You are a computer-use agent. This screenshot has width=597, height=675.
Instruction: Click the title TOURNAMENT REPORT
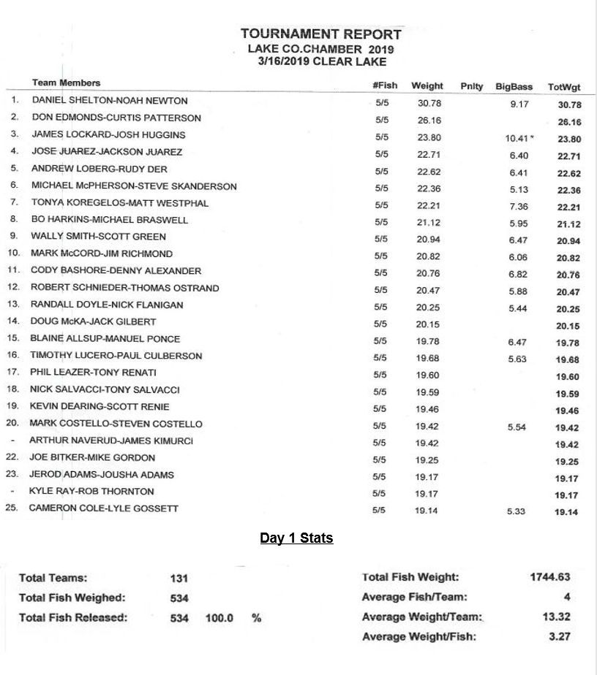[x=320, y=34]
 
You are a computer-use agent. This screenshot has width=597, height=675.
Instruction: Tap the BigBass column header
[x=514, y=87]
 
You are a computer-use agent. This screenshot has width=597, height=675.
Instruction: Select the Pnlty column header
[x=472, y=86]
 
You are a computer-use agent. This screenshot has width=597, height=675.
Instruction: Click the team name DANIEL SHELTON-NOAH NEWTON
[x=109, y=101]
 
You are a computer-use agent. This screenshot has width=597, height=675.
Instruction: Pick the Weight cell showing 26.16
[x=429, y=120]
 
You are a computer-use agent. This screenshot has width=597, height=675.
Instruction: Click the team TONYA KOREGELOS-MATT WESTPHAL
[x=119, y=203]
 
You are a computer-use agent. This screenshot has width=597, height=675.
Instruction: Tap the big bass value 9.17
[x=519, y=104]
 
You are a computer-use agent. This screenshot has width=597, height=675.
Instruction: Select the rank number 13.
[x=12, y=305]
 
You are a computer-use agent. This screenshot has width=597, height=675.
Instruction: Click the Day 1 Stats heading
[x=296, y=538]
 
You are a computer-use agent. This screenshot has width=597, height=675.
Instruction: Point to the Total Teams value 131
[x=179, y=579]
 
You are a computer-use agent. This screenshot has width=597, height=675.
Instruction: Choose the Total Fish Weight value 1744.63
[x=550, y=577]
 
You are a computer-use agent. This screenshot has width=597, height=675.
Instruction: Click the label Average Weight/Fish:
[x=418, y=636]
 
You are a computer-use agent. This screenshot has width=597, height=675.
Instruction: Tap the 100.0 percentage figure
[x=219, y=618]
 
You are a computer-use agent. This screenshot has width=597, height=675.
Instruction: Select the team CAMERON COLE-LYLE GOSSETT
[x=103, y=508]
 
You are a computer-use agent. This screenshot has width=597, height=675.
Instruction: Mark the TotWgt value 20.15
[x=567, y=327]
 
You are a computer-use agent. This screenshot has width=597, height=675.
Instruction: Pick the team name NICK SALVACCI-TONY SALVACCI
[x=105, y=389]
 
